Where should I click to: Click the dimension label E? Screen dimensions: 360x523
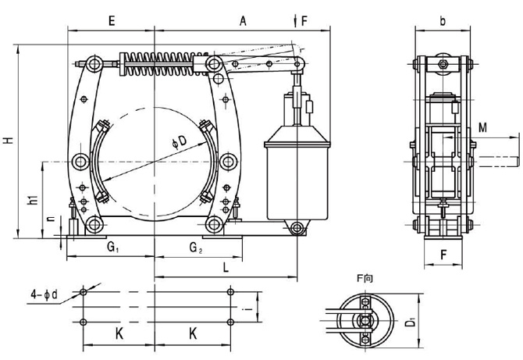112,22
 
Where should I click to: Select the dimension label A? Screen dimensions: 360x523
244,22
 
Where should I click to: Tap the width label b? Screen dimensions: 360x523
443,22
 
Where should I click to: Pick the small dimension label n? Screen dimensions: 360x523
51,221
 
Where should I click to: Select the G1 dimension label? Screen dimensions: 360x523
112,249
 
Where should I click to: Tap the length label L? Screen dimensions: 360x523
225,268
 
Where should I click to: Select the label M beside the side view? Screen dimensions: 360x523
484,127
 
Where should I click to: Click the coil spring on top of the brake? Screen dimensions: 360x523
160,61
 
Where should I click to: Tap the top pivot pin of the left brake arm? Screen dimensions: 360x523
94,62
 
